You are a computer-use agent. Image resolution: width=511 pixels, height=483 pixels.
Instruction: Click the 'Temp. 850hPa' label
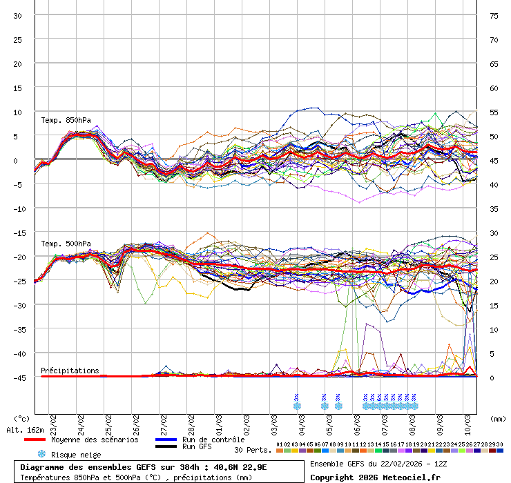[66, 120]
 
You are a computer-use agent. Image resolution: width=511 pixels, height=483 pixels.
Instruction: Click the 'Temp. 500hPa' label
[66, 244]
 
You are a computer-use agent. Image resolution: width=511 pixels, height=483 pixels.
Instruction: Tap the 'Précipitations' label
[70, 371]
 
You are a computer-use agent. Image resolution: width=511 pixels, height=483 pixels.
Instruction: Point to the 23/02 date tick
[53, 422]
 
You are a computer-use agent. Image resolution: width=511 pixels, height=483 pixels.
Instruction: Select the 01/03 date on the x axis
[219, 422]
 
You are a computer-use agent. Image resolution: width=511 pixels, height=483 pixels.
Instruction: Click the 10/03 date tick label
[467, 422]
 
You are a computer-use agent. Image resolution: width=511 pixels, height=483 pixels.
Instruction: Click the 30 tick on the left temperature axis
[17, 15]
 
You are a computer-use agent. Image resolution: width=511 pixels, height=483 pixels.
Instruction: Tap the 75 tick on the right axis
[494, 15]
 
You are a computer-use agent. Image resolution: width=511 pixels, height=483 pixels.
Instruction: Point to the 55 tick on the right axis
[494, 112]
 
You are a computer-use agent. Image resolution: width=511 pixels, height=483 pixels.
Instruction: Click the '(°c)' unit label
[22, 418]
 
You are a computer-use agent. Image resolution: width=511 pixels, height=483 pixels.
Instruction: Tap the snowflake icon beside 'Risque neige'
[41, 454]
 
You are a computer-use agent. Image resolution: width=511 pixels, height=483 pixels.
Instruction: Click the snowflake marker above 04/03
[297, 406]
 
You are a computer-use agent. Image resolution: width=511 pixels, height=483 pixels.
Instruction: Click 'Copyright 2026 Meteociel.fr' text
[375, 477]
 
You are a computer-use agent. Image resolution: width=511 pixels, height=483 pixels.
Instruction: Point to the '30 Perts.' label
[253, 450]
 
